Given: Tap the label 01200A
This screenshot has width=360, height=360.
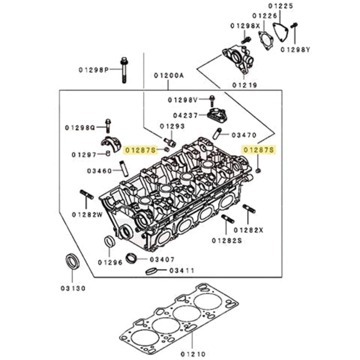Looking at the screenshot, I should tap(169, 76).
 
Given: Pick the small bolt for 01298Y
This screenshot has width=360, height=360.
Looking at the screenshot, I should tap(295, 28).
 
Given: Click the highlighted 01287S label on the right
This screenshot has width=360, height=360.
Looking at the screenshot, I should tap(258, 149).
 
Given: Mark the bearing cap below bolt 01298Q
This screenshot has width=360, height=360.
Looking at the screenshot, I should tap(111, 143).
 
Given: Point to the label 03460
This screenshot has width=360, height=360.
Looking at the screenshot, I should tap(99, 171).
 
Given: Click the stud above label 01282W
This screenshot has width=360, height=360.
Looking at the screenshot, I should tap(87, 195).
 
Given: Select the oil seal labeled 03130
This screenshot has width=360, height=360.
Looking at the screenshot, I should tap(72, 261).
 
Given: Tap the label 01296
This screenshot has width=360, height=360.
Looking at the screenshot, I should tap(110, 262).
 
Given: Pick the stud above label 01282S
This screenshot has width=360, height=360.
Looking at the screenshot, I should tap(227, 219).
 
